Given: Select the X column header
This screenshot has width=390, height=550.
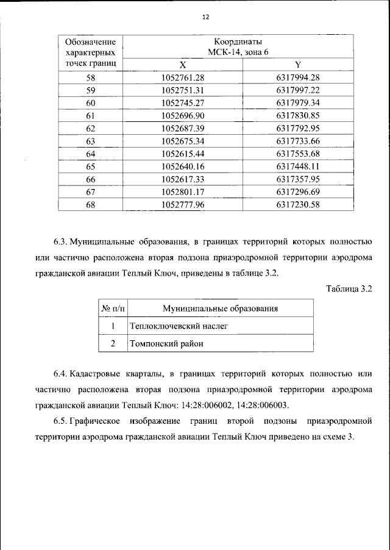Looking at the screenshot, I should coord(183,65).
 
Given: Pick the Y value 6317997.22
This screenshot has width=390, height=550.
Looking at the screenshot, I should coord(297,90).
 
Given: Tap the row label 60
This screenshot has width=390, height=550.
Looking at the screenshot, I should coord(91,103).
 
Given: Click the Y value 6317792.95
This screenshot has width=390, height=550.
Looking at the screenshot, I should coord(297,129).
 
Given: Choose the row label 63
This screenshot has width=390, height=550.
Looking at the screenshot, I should coord(91,141).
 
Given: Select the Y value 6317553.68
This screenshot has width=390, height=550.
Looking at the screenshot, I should coord(297,154).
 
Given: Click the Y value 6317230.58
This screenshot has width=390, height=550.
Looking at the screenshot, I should coord(297,205).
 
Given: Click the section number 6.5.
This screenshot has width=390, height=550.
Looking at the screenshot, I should coord(60,421).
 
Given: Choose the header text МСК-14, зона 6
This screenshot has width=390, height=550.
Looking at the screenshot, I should coord(238,52).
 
